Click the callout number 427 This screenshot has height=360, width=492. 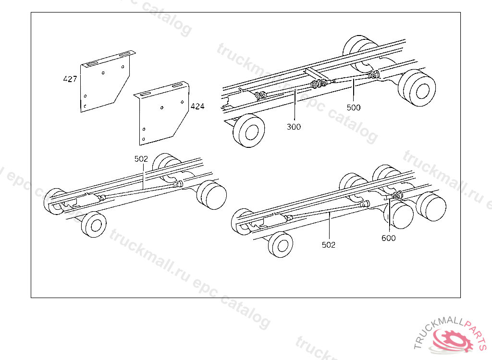coord(70,79)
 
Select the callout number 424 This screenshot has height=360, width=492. coord(197,107)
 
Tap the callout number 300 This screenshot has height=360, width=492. coord(294,127)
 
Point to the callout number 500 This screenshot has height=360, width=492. coord(354,108)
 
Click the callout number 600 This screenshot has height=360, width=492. coord(388,238)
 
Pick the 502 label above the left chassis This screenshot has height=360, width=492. coord(141,159)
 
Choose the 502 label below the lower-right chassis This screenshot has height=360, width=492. coord(329,245)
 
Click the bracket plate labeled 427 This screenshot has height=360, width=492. coord(105,82)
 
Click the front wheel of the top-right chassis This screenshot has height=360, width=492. coord(249,131)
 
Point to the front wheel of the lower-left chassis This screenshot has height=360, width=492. coord(94,224)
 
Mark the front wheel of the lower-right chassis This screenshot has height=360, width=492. coord(281,245)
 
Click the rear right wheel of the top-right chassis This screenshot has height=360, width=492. coord(417,88)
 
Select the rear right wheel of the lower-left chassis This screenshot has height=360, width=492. coord(212,194)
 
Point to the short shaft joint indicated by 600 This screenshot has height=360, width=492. coord(396,196)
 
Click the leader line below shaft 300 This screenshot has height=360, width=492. coord(295,105)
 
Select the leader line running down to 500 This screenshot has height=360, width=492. coord(354,90)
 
